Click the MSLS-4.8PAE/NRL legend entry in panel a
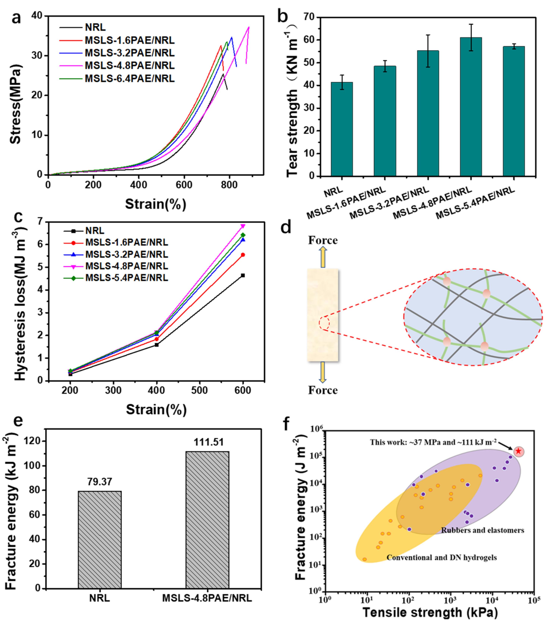(129, 65)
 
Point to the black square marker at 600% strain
(243, 275)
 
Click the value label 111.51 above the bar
(208, 442)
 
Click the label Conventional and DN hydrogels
(442, 558)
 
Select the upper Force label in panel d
(323, 240)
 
